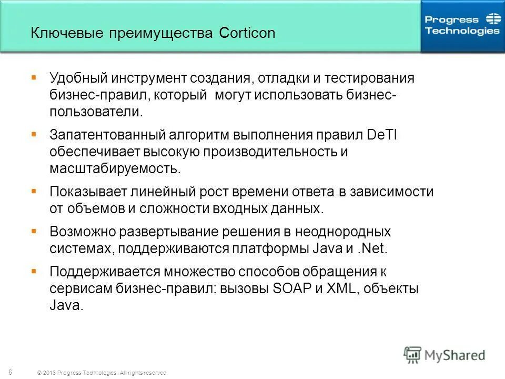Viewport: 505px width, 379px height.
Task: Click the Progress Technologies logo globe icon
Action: point(493,20)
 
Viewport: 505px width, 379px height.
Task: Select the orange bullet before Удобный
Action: point(34,77)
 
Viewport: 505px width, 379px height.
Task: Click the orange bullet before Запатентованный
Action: point(34,134)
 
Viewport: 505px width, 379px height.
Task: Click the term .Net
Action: point(371,248)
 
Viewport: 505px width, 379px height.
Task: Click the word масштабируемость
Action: point(115,169)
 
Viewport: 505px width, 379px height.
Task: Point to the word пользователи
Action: point(95,112)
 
